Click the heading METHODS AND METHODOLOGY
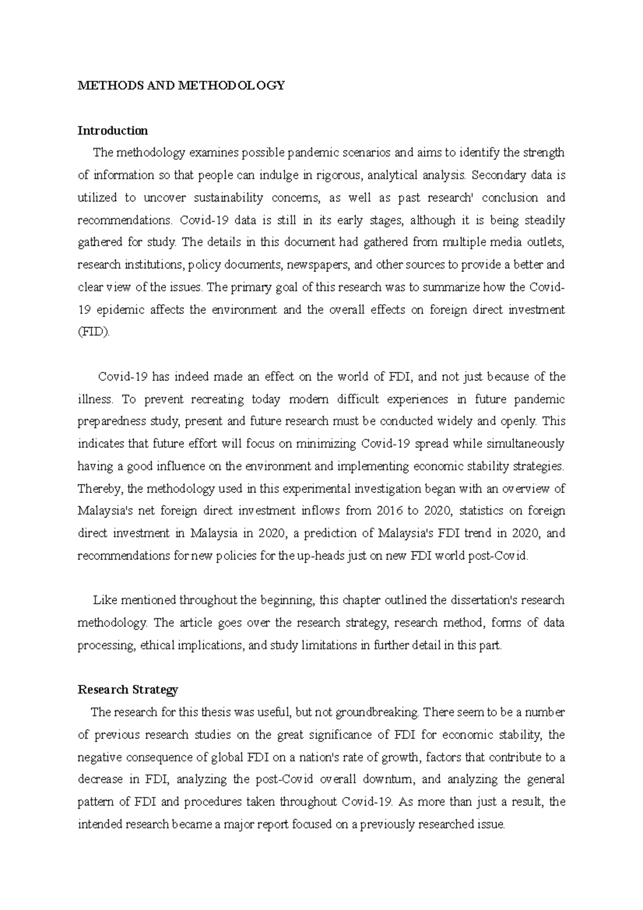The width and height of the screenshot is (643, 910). tap(181, 85)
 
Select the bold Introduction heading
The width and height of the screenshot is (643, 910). tap(113, 130)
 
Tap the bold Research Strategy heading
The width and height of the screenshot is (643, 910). tap(128, 690)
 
